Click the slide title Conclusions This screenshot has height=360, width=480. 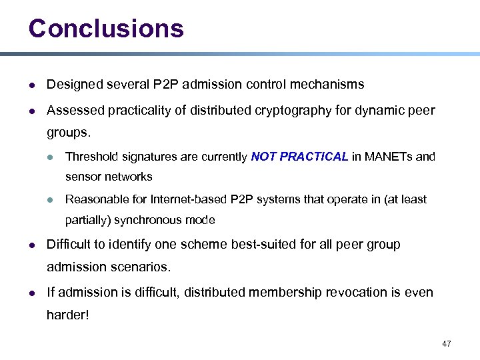[106, 28]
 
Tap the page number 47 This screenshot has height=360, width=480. [446, 344]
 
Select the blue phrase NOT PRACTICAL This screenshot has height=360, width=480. [299, 157]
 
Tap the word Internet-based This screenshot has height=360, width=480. [189, 199]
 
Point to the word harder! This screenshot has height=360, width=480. [67, 315]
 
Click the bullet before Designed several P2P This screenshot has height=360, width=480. [33, 85]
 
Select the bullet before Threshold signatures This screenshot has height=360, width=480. [50, 157]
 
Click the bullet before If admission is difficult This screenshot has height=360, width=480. [33, 293]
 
